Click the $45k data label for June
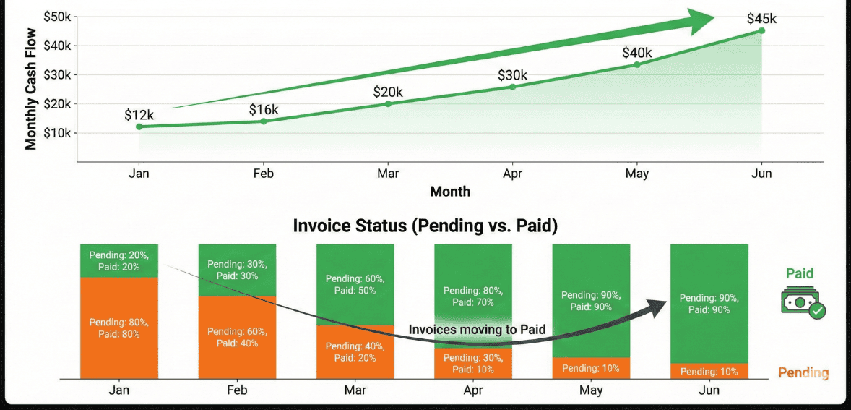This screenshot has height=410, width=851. coord(761,17)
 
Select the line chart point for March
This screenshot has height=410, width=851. coord(388,103)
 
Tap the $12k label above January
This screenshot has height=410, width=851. coord(139,115)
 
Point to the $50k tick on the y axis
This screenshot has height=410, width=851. coord(57,17)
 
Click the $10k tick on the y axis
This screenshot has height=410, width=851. coord(57,133)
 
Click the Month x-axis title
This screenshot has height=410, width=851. coord(450,192)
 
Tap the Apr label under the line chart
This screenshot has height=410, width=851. coord(512,174)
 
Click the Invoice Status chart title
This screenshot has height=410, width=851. coord(425,226)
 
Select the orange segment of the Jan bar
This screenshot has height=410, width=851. coord(119,327)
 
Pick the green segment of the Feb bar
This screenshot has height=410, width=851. coord(237,270)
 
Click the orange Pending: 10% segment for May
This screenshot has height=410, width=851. coord(591,368)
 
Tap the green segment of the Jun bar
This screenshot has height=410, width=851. coord(709,304)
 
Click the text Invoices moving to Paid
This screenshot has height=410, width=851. coord(476,330)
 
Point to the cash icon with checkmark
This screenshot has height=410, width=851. coord(802,302)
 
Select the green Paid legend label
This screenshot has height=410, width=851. coord(799,273)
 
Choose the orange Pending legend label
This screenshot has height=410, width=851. coord(803,373)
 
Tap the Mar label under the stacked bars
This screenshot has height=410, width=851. coord(355,390)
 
